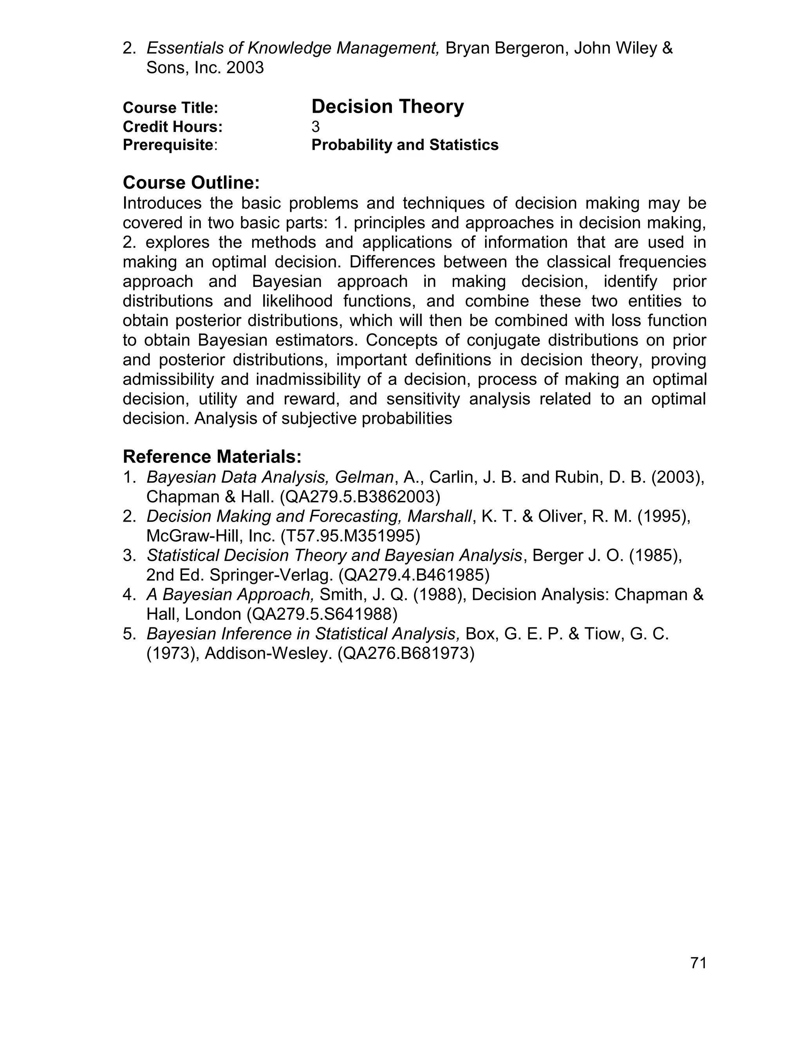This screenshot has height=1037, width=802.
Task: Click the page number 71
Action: tap(698, 963)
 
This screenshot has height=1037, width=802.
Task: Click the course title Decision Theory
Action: tap(387, 106)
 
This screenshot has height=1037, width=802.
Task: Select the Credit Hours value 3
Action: tap(316, 127)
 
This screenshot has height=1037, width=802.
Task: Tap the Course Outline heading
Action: tap(191, 182)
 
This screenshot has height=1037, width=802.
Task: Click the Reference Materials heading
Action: tap(212, 457)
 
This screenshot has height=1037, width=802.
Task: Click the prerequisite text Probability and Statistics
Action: tap(405, 145)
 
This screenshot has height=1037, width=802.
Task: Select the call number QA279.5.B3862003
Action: tap(360, 497)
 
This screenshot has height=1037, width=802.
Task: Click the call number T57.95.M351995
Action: tap(350, 536)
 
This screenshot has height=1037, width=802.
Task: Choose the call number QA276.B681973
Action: tap(406, 654)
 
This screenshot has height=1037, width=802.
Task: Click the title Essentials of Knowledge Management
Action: tap(292, 48)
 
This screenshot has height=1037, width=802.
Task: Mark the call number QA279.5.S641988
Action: tap(322, 614)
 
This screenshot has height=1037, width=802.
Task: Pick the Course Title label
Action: tap(170, 108)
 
